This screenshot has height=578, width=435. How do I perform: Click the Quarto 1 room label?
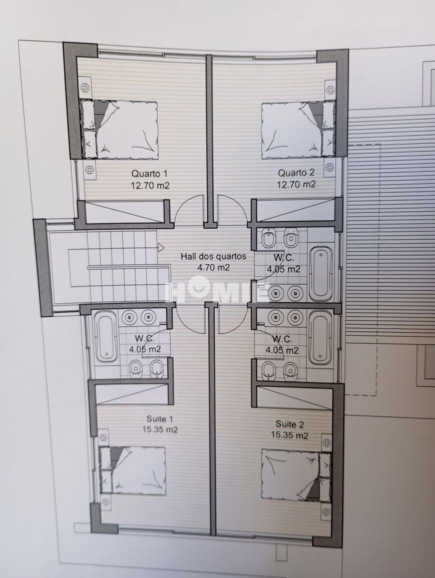point(149,174)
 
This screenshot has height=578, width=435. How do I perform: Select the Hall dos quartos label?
point(213,256)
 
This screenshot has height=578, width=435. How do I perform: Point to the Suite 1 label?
point(160,419)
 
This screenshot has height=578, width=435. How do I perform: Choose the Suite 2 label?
point(290,424)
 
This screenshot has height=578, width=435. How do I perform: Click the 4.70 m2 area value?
point(213,267)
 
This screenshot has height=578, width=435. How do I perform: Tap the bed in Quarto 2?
point(298,130)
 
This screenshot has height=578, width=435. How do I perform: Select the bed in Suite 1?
point(133,469)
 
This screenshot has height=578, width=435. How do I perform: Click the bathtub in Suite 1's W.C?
point(106,336)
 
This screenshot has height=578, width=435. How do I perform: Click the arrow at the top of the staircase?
point(161,247)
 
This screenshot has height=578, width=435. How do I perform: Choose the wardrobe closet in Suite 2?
point(294,398)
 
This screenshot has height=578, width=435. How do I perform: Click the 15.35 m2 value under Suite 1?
point(160,429)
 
